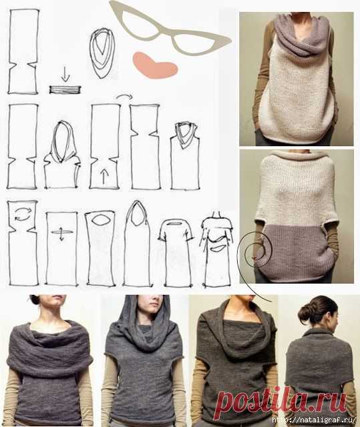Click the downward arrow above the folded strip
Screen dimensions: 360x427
point(65,75)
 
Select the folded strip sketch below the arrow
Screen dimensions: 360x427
point(65,89)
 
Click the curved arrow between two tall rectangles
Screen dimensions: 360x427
point(124,95)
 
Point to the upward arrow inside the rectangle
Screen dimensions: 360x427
point(104,175)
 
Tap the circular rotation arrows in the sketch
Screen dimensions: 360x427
point(22,213)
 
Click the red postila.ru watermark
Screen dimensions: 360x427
point(281,402)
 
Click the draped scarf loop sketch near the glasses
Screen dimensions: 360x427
point(102,53)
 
